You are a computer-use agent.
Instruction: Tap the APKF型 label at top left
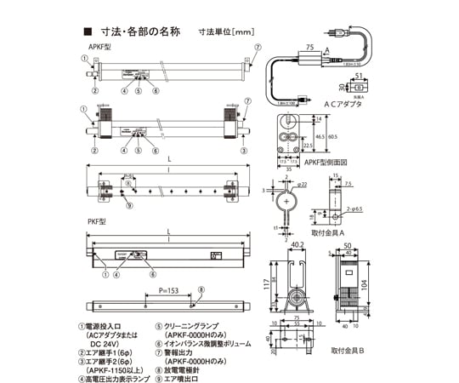click(100, 47)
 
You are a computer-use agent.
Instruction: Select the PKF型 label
click(98, 221)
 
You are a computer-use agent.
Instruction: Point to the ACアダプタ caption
click(344, 102)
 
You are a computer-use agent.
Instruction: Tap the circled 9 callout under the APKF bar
click(129, 206)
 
